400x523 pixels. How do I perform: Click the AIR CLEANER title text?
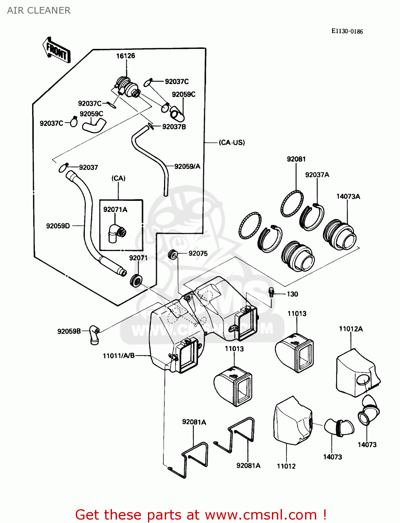(x=39, y=10)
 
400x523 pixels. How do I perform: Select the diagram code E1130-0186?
(x=347, y=31)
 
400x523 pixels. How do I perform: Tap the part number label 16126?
(x=125, y=56)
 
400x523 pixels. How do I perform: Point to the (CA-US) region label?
(x=232, y=143)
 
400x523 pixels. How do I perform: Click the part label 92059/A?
(x=187, y=167)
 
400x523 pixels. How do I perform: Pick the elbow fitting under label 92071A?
(x=116, y=233)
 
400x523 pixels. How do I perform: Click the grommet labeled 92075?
(x=173, y=255)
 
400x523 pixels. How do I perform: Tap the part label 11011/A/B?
(x=119, y=356)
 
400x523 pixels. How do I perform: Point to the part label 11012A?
(x=351, y=329)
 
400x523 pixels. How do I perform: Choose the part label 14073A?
(x=348, y=197)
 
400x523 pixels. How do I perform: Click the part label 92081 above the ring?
(x=296, y=159)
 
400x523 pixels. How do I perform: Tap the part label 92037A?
(x=317, y=175)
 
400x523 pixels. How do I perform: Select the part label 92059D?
(x=58, y=226)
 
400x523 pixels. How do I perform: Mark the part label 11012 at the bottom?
(x=286, y=466)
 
